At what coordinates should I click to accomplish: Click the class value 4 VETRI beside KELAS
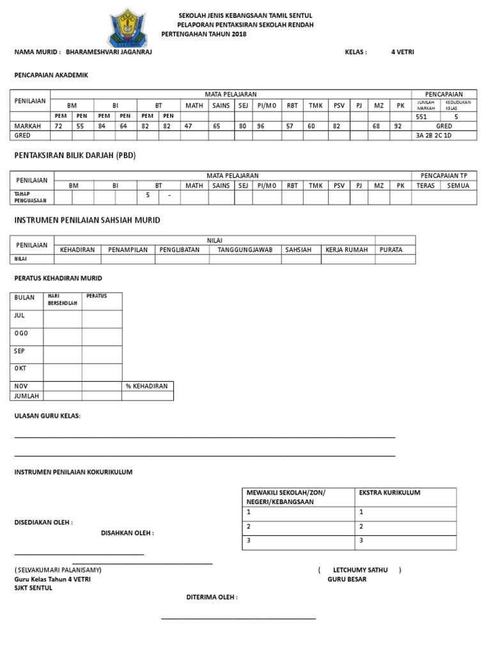(402, 52)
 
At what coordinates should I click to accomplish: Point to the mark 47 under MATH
(188, 127)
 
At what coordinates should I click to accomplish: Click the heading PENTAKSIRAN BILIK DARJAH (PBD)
(75, 155)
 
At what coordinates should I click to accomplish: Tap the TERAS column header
(425, 185)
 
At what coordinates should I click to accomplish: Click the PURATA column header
(391, 250)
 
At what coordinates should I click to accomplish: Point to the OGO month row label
(21, 333)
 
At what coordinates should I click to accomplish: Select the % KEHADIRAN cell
(147, 386)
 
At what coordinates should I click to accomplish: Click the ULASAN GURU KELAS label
(48, 416)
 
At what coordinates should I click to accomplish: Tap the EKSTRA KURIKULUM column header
(389, 493)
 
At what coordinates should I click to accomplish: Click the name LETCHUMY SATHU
(360, 569)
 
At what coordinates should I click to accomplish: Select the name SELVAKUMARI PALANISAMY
(58, 569)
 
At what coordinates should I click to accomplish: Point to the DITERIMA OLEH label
(212, 597)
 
